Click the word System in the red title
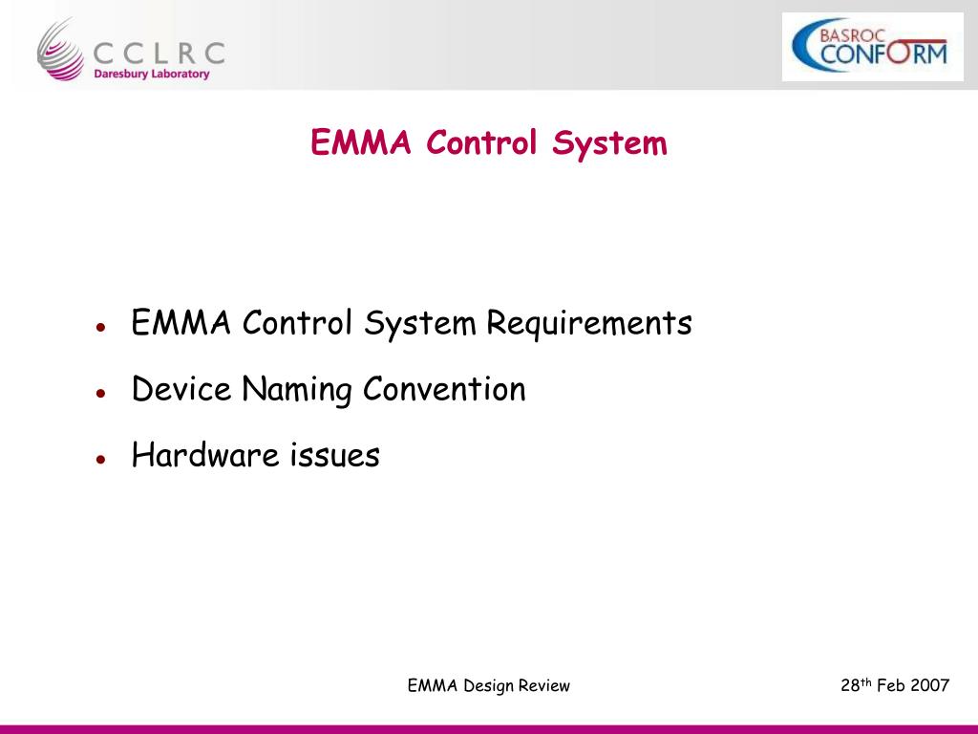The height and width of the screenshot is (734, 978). [609, 143]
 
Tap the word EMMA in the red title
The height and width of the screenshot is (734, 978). [361, 143]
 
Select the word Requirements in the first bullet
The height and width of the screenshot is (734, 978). [588, 323]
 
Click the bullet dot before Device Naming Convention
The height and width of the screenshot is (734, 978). [99, 393]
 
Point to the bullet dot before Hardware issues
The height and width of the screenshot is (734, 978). [99, 459]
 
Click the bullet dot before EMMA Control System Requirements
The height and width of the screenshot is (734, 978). [99, 327]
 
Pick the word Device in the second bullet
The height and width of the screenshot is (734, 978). [181, 390]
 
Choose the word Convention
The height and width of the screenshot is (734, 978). [444, 390]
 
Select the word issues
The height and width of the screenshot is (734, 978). [334, 455]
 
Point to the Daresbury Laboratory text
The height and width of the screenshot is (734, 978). [151, 74]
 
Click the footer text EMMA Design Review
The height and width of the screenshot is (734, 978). [488, 685]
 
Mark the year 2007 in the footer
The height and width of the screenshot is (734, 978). [929, 685]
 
